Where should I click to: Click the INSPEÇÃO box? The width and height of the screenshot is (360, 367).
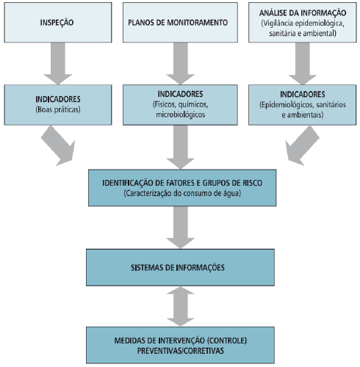pos(58,23)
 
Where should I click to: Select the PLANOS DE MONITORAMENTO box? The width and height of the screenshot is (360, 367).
pos(180,23)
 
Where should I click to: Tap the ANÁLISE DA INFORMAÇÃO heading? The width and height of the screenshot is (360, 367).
pos(303,12)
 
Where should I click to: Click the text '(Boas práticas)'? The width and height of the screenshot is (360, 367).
pos(58,109)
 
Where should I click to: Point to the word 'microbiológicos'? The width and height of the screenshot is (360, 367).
pos(181,115)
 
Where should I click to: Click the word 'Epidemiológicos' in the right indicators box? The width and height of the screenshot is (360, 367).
pos(287,105)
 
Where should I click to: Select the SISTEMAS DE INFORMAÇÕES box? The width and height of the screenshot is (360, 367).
pos(180,267)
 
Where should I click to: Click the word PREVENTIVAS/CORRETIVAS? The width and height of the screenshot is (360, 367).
pos(181,351)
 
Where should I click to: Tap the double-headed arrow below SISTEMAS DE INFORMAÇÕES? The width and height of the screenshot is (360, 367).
pos(181,306)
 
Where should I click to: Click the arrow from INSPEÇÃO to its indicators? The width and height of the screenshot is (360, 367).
pos(58,64)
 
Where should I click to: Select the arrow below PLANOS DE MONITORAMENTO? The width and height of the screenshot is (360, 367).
pos(181,64)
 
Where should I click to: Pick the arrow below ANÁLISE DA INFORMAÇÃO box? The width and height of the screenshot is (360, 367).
pos(303,64)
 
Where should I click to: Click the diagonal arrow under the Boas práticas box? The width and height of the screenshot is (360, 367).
pos(59,146)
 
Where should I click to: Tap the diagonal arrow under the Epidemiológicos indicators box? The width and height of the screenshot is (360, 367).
pos(302,146)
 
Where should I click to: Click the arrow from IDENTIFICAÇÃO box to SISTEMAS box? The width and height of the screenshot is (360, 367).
pos(181,228)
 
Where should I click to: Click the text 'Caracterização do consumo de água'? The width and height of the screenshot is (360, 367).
pos(182,193)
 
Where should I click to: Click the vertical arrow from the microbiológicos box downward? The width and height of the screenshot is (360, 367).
pos(181,147)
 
